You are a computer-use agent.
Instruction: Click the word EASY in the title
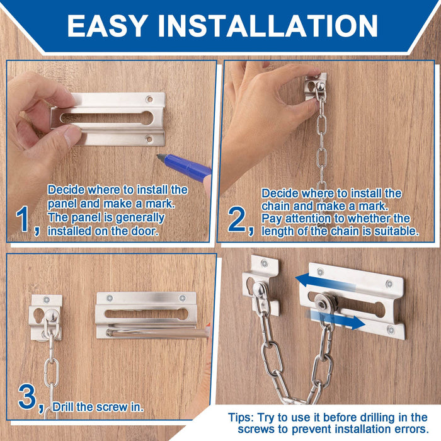[107, 26]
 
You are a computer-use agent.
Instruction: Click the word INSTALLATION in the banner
[268, 26]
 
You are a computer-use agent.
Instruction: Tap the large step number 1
[23, 219]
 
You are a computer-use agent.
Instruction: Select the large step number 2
[237, 219]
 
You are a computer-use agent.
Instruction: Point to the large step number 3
[27, 397]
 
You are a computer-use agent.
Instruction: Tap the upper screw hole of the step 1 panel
[149, 99]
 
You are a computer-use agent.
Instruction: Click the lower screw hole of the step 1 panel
[149, 139]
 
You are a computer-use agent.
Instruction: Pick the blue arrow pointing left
[323, 281]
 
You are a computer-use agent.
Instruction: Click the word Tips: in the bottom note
[241, 418]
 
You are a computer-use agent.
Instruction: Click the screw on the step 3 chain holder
[47, 300]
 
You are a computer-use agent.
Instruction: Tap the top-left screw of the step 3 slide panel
[110, 298]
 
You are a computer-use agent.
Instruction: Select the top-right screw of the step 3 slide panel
[183, 298]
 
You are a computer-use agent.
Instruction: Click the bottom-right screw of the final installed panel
[391, 329]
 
